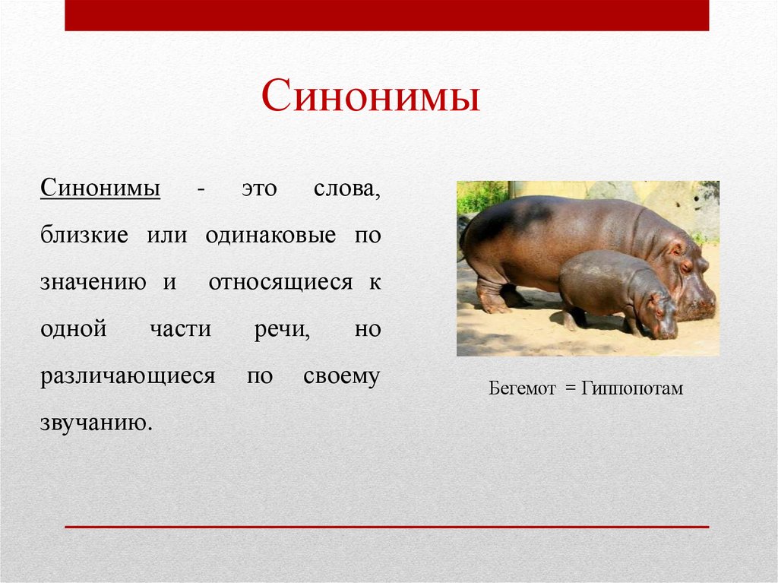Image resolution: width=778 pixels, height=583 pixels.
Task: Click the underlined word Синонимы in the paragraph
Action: [x=100, y=188]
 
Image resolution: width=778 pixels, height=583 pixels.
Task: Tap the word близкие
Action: [x=84, y=235]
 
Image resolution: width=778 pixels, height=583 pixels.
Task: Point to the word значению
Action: [x=93, y=283]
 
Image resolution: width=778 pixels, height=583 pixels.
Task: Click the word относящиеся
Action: [x=280, y=283]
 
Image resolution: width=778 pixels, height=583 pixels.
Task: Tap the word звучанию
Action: [x=96, y=423]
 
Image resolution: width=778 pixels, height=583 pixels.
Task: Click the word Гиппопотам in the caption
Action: [x=633, y=389]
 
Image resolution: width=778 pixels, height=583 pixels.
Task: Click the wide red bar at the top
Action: [x=387, y=15]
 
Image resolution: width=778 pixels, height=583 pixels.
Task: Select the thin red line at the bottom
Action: [x=387, y=526]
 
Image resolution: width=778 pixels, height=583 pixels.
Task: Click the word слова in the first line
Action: [x=346, y=188]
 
